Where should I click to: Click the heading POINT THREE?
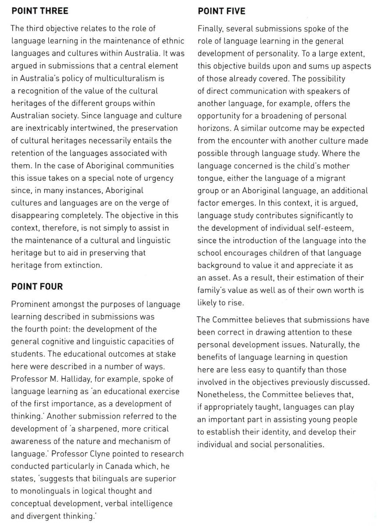pos(40,11)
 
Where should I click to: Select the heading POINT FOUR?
pos(37,287)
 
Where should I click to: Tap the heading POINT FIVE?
pos(221,11)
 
